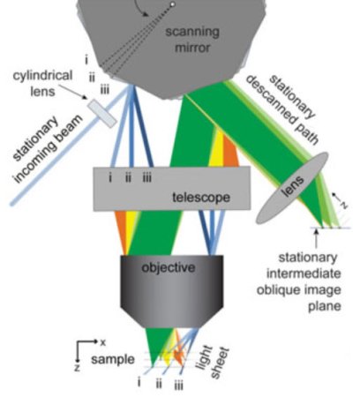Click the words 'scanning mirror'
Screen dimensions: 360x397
coord(192,40)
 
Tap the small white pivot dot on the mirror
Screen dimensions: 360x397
coord(173,4)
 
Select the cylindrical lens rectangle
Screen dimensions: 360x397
coord(102,114)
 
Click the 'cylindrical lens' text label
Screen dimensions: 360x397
coord(42,83)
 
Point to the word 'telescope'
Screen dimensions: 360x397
coord(201,197)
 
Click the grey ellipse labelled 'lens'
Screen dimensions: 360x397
coord(292,188)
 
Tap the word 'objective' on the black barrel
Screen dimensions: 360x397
coord(169,267)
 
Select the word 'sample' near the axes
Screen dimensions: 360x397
coord(113,359)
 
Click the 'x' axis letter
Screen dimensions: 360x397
coord(102,342)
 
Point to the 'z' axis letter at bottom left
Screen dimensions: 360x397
coord(77,368)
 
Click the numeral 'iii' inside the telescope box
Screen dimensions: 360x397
coord(147,177)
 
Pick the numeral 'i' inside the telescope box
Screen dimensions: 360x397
coord(110,177)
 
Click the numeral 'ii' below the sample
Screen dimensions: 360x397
coord(159,384)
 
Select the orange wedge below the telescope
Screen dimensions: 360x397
coord(122,232)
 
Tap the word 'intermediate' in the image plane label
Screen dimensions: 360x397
coord(304,273)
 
